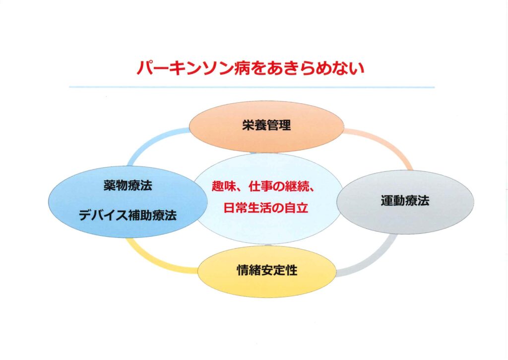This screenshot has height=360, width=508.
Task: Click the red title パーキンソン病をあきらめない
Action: point(251,68)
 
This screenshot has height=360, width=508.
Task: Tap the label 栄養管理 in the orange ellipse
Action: point(266,125)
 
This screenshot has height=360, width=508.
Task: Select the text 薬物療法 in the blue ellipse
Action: point(127,186)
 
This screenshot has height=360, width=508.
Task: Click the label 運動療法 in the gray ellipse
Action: point(405,201)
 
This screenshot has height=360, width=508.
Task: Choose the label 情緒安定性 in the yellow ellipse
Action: point(267,270)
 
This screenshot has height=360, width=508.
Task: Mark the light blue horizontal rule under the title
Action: point(252,87)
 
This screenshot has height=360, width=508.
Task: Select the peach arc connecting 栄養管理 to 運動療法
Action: point(385,143)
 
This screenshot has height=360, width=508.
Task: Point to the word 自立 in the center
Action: point(296,208)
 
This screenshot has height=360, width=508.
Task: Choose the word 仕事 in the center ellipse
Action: point(261,187)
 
